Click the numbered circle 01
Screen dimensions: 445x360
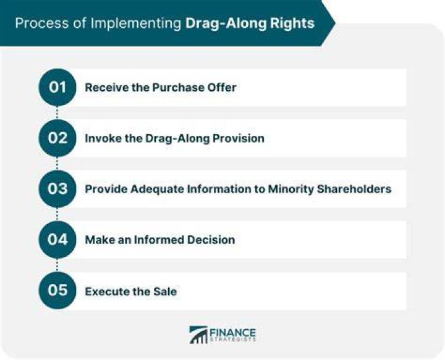[x=57, y=87]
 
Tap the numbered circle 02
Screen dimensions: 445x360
[x=57, y=138]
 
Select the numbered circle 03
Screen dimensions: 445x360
[x=57, y=189]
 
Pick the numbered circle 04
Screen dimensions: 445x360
[x=57, y=240]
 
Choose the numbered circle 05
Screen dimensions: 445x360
[x=57, y=290]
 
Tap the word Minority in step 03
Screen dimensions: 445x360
[x=291, y=189]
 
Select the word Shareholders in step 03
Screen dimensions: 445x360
[x=354, y=189]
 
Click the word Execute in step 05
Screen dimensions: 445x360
[x=104, y=291]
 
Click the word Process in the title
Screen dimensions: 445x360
[x=42, y=23]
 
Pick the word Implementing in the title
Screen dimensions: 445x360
[x=136, y=23]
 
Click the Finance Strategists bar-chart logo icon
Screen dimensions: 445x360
[x=198, y=335]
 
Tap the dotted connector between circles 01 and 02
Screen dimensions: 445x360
[x=57, y=113]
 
